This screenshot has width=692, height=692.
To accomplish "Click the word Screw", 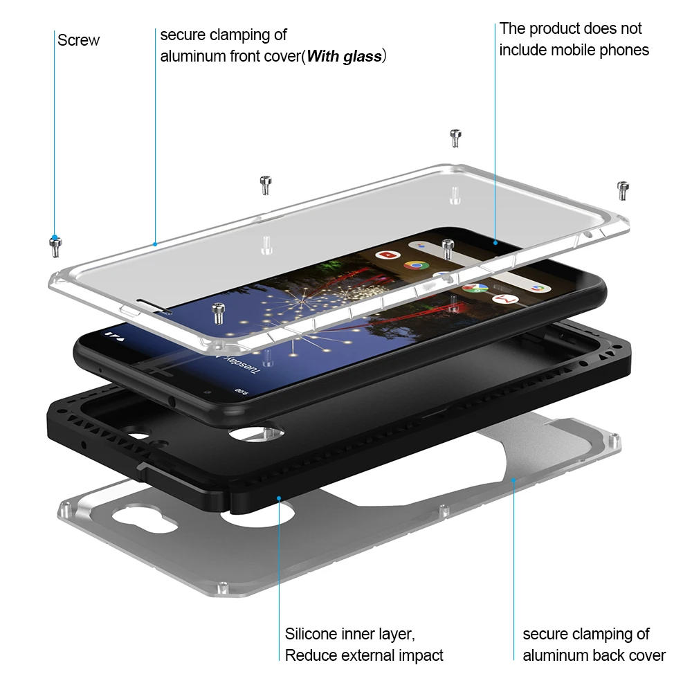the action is click(79, 40).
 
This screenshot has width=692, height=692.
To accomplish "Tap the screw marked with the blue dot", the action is click(55, 247).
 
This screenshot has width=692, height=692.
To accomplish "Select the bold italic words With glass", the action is click(344, 57).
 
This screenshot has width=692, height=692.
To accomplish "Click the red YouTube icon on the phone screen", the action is click(388, 255).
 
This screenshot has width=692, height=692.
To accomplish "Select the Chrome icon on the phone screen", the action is click(416, 266).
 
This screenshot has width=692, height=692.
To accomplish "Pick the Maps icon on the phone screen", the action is click(475, 288).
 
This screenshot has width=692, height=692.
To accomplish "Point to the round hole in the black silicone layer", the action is click(256, 433).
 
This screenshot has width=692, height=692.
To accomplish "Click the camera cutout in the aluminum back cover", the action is click(145, 519).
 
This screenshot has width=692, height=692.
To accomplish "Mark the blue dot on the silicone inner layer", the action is click(279, 499).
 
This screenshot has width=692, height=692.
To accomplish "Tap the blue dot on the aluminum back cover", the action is click(513, 480).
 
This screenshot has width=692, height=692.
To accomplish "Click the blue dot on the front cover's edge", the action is click(155, 244).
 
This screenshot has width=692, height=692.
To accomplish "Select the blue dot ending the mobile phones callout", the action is click(495, 243).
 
